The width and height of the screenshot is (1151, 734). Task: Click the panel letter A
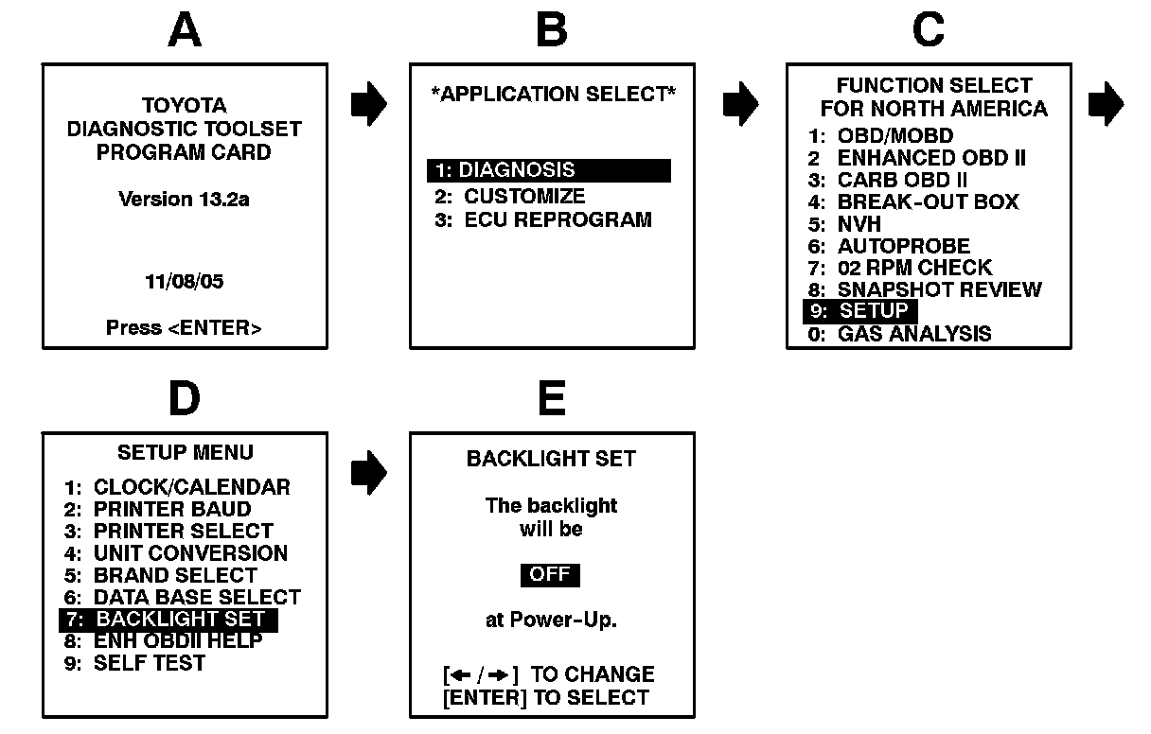[x=185, y=30]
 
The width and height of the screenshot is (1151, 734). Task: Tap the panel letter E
[x=552, y=399]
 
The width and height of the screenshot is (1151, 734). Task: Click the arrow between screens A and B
[x=368, y=103]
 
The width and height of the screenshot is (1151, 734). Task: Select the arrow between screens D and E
[x=368, y=471]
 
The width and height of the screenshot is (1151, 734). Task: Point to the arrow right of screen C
[x=1106, y=103]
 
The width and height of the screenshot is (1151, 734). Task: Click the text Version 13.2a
[x=184, y=199]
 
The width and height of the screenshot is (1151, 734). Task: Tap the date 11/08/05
[x=184, y=282]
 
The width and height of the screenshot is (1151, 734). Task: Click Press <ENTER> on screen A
[x=184, y=327]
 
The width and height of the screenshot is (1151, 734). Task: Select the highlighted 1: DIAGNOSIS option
[x=548, y=170]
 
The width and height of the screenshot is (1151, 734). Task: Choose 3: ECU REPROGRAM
[x=543, y=219]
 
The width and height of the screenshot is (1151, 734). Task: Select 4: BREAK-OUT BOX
[x=914, y=201]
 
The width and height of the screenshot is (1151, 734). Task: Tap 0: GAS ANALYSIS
[x=900, y=333]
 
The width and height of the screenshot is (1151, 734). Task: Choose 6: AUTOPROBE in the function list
[x=890, y=246]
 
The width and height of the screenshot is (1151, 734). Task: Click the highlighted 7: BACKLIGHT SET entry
[x=168, y=620]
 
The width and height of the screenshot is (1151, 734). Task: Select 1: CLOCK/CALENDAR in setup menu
[x=177, y=487]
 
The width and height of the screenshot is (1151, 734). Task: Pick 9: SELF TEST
[x=134, y=663]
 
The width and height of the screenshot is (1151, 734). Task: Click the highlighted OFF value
[x=550, y=575]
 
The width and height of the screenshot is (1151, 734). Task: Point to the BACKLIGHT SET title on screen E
[x=551, y=459]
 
